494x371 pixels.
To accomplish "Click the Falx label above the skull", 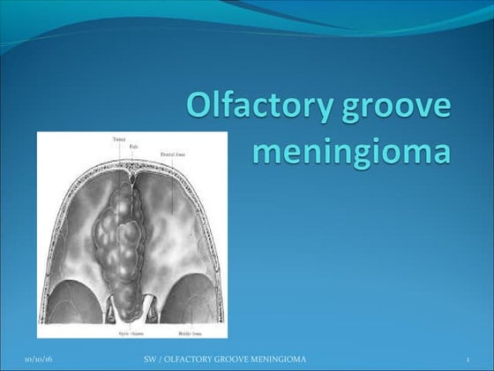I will pos(131,147).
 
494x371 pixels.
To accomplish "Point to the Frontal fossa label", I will pos(170,154).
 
